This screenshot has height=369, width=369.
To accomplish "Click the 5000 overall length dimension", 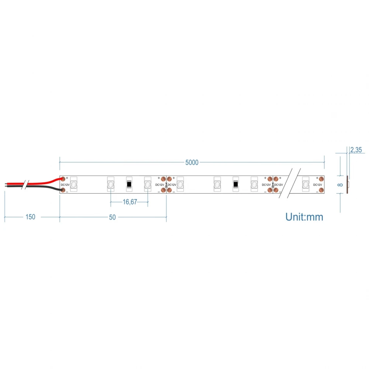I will pos(192,162).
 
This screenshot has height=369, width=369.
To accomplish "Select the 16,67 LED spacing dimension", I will pos(130,202).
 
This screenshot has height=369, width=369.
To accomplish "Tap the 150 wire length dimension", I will pos(30,217).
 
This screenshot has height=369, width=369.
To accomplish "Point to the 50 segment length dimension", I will pos(112,217).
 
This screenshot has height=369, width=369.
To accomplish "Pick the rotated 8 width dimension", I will pos(340,184).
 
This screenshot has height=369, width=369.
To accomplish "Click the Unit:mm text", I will pos(304,217).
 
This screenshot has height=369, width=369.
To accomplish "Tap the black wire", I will pos(41,187).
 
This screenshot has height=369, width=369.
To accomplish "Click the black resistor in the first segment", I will pos(129,184).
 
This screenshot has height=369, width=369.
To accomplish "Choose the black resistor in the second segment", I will pos(235,184).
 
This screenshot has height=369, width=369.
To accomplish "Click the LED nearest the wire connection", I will pos(74,184).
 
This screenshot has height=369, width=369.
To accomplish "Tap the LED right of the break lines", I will pos(306,184).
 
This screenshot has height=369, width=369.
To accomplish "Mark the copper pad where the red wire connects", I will pos(63,179).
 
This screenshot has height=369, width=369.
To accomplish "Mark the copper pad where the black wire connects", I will pos(63,190).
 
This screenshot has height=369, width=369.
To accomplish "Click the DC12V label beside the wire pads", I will pos(65,184).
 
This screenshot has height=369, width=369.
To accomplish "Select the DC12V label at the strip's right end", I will pos(318,184).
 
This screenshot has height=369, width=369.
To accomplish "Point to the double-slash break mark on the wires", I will pos(24,184).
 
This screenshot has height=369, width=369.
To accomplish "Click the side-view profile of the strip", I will pos(348,184).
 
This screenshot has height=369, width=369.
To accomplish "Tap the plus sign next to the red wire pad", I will pos(67,178).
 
